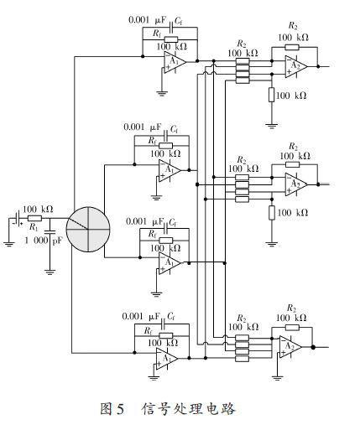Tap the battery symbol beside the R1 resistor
15,219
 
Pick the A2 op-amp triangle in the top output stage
294,66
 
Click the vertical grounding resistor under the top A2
270,96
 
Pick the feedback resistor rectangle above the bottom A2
293,329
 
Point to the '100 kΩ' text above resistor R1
39,209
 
